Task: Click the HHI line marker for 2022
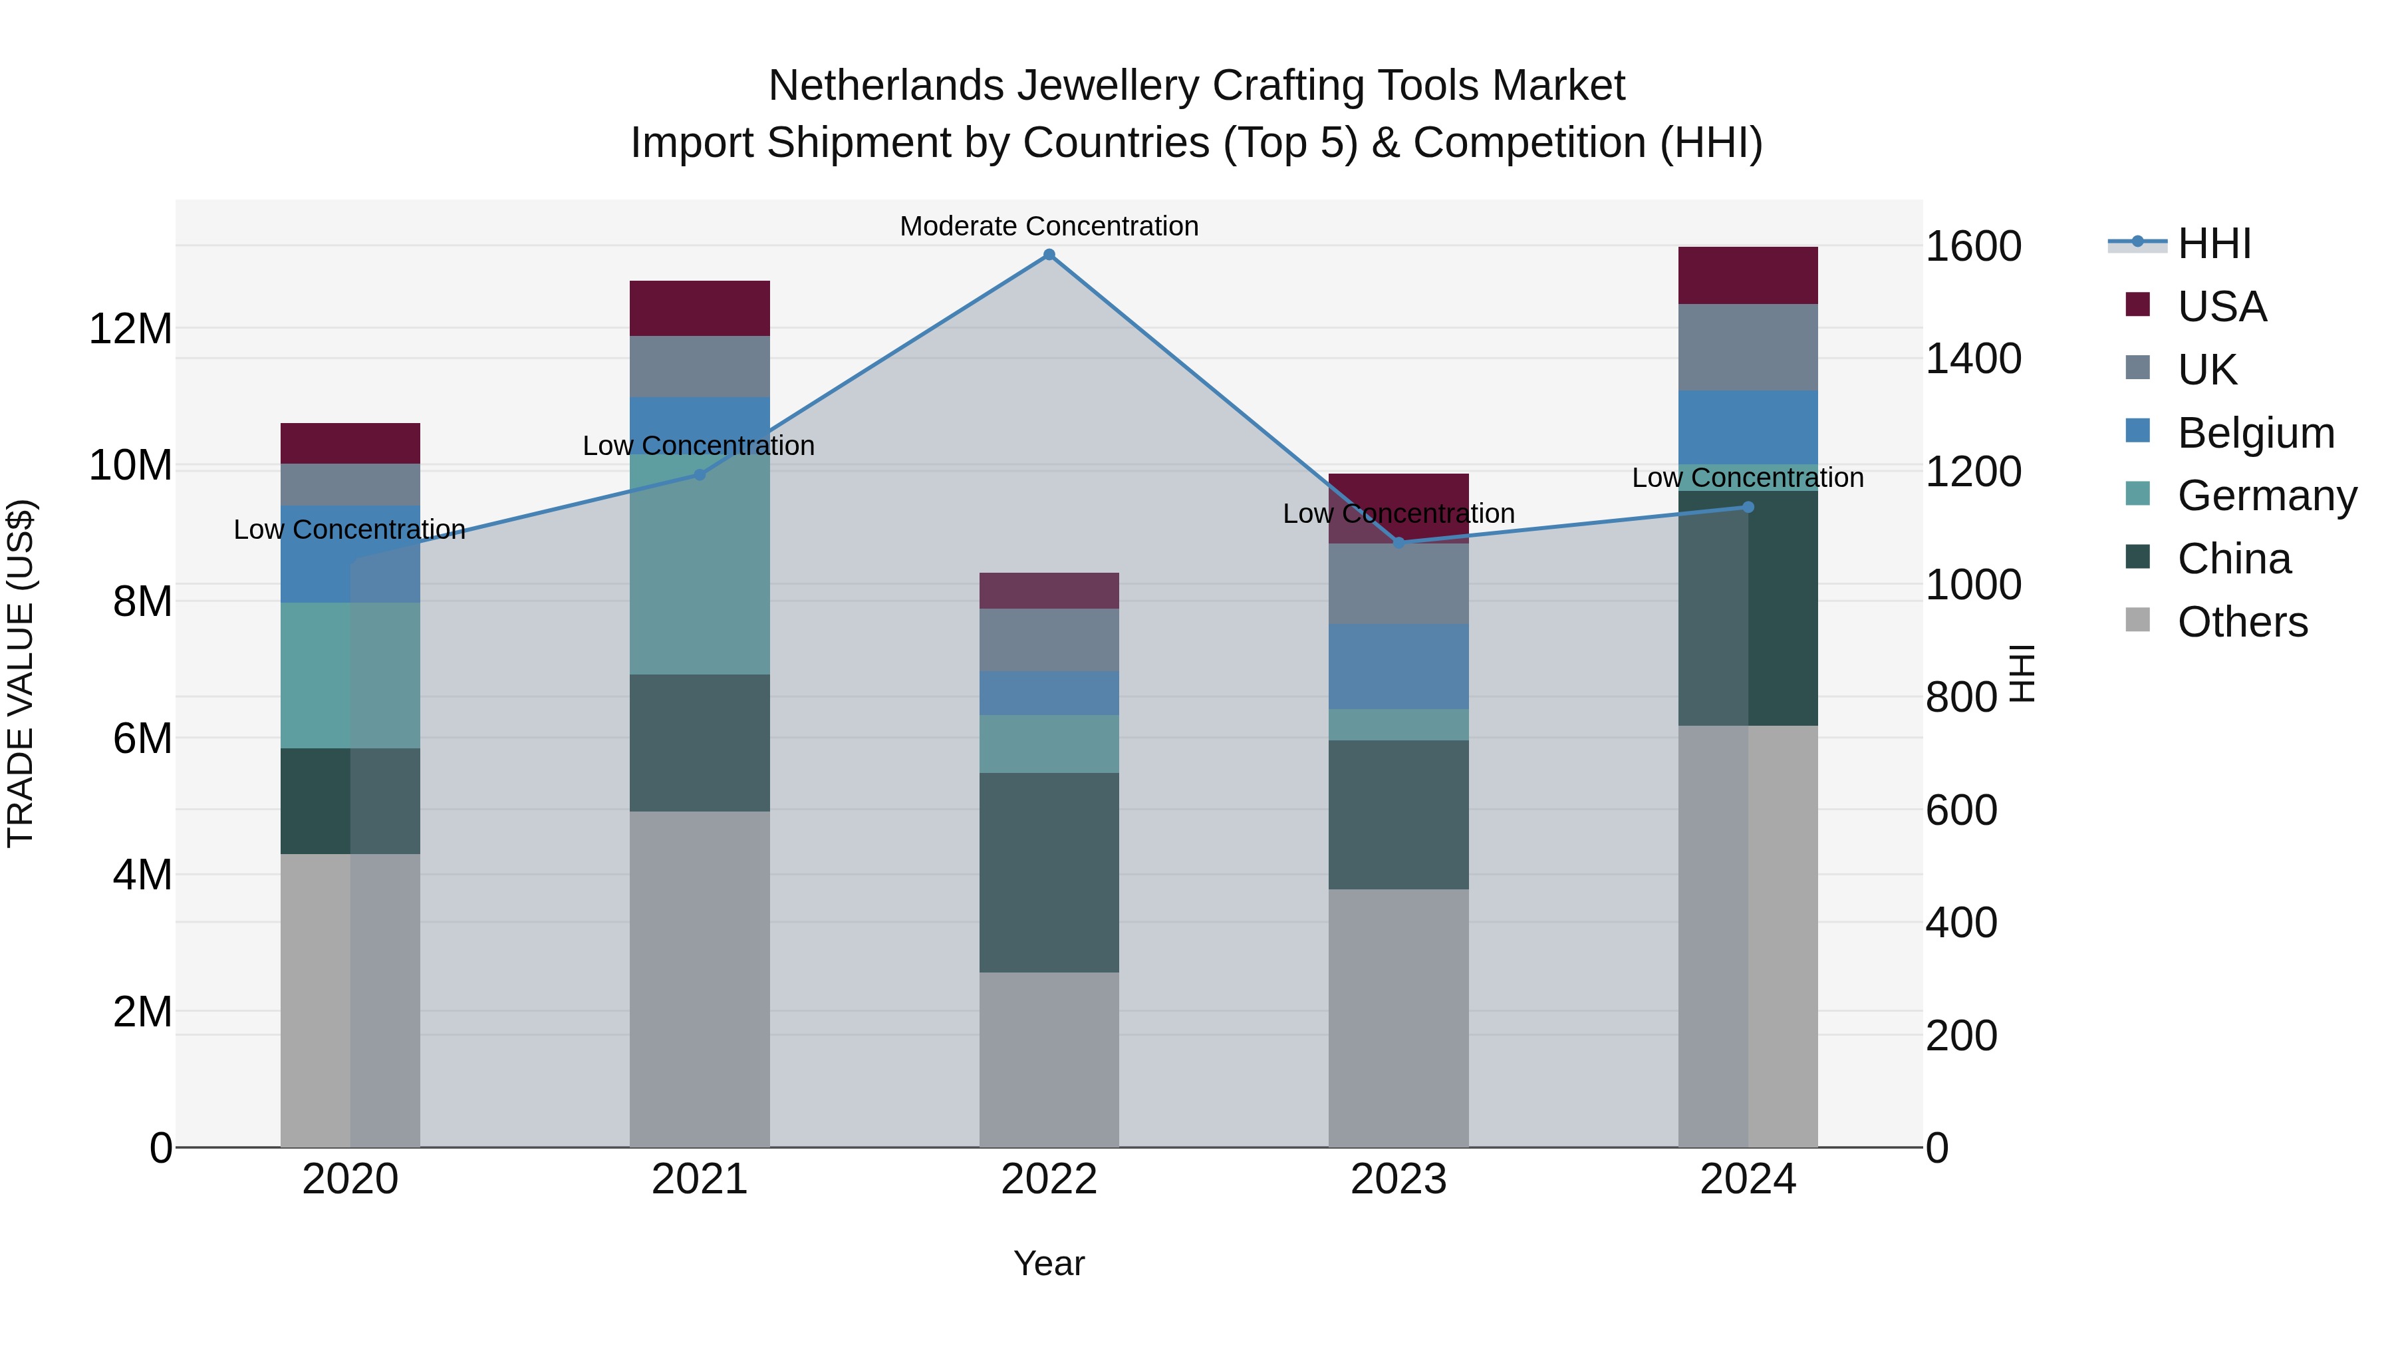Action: pyautogui.click(x=1049, y=255)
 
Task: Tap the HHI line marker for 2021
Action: pyautogui.click(x=700, y=475)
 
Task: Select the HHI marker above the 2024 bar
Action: pyautogui.click(x=1748, y=507)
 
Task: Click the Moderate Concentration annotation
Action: pyautogui.click(x=1049, y=226)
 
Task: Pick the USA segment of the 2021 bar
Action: pyautogui.click(x=700, y=308)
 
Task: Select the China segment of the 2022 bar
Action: pyautogui.click(x=1049, y=872)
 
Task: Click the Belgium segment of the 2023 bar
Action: pyautogui.click(x=1398, y=667)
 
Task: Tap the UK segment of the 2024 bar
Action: pyautogui.click(x=1748, y=348)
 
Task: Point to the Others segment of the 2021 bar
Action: pyautogui.click(x=700, y=979)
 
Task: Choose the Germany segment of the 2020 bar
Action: pyautogui.click(x=350, y=675)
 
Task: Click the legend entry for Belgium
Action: pyautogui.click(x=2256, y=433)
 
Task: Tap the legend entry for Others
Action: pyautogui.click(x=2242, y=622)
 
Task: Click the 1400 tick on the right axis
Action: pyautogui.click(x=1973, y=359)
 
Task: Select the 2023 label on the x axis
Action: pyautogui.click(x=1398, y=1179)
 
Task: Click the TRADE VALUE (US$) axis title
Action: pyautogui.click(x=21, y=673)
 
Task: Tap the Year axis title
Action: pyautogui.click(x=1049, y=1263)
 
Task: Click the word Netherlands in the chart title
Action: pyautogui.click(x=886, y=86)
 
